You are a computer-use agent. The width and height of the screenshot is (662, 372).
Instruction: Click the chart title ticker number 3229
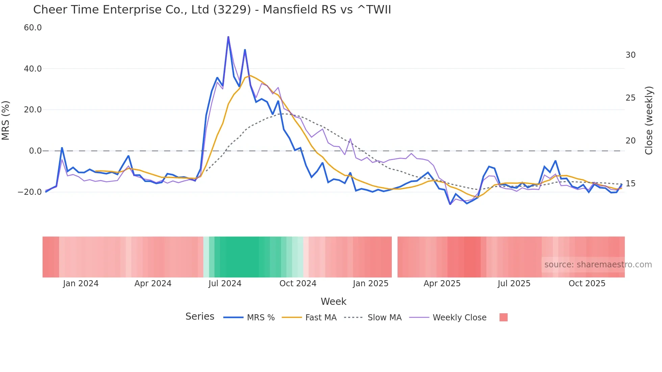(232, 10)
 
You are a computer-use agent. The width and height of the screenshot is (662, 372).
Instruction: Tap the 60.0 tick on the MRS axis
(33, 28)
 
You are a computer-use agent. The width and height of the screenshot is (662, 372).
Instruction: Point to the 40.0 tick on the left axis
(33, 69)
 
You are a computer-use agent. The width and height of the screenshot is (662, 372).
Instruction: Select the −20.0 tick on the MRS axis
(30, 192)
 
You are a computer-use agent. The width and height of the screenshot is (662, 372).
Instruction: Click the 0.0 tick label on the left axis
(35, 151)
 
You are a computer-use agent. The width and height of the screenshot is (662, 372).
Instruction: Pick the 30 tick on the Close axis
(630, 55)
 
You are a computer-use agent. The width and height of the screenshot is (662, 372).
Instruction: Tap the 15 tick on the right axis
(630, 184)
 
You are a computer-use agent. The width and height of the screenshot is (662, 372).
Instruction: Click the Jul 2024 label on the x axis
(225, 284)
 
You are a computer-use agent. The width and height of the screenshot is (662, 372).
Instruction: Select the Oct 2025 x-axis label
(587, 284)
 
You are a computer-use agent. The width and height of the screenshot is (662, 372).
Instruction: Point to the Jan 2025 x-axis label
(371, 284)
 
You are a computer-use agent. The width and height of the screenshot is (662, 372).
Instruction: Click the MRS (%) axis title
(6, 120)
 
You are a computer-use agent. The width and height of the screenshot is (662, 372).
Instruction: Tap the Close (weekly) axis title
(648, 120)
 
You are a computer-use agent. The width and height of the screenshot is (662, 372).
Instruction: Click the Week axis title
(333, 301)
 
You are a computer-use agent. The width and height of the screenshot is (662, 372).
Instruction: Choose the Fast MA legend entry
(321, 318)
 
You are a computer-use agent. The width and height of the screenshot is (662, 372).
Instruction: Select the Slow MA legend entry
(384, 318)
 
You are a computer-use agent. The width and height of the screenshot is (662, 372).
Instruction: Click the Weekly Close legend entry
(459, 318)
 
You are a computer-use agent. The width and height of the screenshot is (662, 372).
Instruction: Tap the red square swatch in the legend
(503, 317)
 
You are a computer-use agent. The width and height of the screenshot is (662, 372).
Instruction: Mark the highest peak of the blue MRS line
(228, 37)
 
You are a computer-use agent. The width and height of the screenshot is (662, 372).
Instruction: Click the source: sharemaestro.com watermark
(598, 265)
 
